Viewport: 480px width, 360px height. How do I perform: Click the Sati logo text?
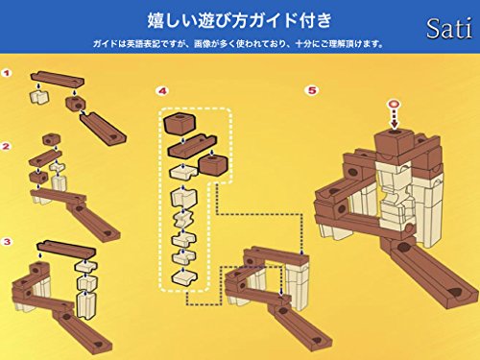point(449,29)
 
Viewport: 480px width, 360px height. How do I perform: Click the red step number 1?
point(7,73)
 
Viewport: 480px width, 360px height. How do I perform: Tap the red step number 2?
point(7,147)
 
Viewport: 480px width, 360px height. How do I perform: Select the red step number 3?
point(7,242)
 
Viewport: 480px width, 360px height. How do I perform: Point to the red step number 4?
point(162,91)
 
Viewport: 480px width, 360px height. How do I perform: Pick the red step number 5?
point(312,90)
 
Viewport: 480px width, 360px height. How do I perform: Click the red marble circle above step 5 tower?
point(394,105)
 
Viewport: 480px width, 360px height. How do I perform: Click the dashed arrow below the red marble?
point(395,118)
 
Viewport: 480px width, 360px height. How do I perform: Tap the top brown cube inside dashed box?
point(180,123)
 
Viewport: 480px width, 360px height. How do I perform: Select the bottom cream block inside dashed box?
point(184,277)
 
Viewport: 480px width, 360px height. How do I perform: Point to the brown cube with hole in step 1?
point(76,103)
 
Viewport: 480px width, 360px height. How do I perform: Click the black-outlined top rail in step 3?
point(66,248)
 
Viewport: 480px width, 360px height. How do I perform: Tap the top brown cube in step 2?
point(51,139)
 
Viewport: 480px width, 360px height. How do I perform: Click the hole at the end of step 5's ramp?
point(455,292)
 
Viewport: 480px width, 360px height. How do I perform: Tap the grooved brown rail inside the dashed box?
point(192,146)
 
